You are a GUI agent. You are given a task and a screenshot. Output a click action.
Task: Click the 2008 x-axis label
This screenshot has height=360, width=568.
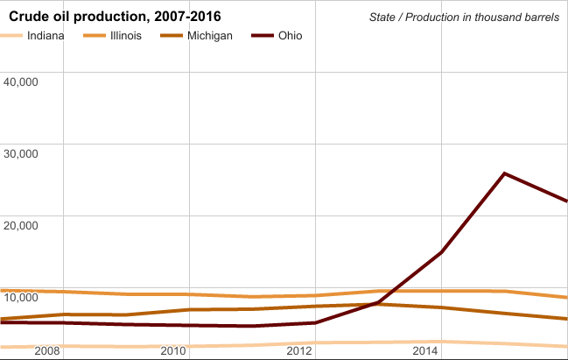point(46,351)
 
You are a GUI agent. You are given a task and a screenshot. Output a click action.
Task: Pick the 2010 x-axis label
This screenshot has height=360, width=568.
point(173,351)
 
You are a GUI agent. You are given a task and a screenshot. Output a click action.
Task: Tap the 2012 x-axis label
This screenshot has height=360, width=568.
point(300,351)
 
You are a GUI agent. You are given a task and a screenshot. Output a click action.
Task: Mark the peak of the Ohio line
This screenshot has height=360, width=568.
point(504,173)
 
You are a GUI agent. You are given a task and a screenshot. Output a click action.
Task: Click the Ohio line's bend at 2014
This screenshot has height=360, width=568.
point(441,252)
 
